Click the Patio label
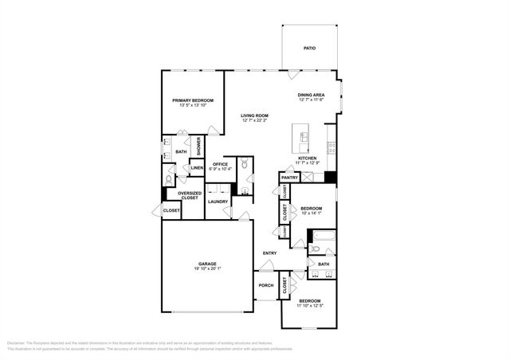coord(309,49)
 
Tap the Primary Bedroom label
coord(194,100)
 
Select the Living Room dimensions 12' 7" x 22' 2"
coord(255,121)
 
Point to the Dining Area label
coord(312,95)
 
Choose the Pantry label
coord(289,178)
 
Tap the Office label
coord(220,164)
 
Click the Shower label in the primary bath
coord(199,146)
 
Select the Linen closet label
coord(196,168)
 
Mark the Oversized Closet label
coord(189,194)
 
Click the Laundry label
coord(218,202)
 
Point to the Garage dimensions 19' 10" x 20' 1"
coord(207,268)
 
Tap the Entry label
coord(269,253)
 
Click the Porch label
coord(265,285)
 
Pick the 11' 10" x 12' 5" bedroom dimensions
coord(310,305)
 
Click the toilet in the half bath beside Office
coord(246,164)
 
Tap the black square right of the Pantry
coord(330,178)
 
